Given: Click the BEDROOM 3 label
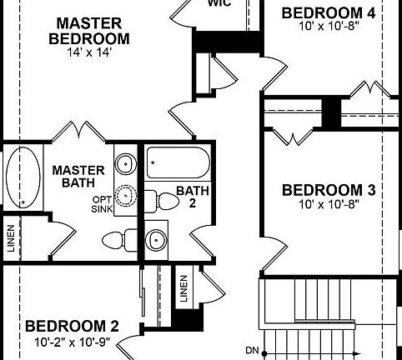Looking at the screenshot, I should click(x=329, y=189).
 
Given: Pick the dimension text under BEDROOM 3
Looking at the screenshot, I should click(x=329, y=203).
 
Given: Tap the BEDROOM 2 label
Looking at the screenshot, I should click(x=72, y=326).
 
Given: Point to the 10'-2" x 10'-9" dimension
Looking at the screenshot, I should click(x=73, y=342).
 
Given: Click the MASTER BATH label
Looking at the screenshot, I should click(x=78, y=177).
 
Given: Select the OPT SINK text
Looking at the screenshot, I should click(x=101, y=205).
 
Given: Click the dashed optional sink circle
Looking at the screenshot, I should click(x=125, y=195).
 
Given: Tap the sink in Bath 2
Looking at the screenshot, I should click(x=156, y=240).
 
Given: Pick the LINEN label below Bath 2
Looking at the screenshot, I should click(x=183, y=288).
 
